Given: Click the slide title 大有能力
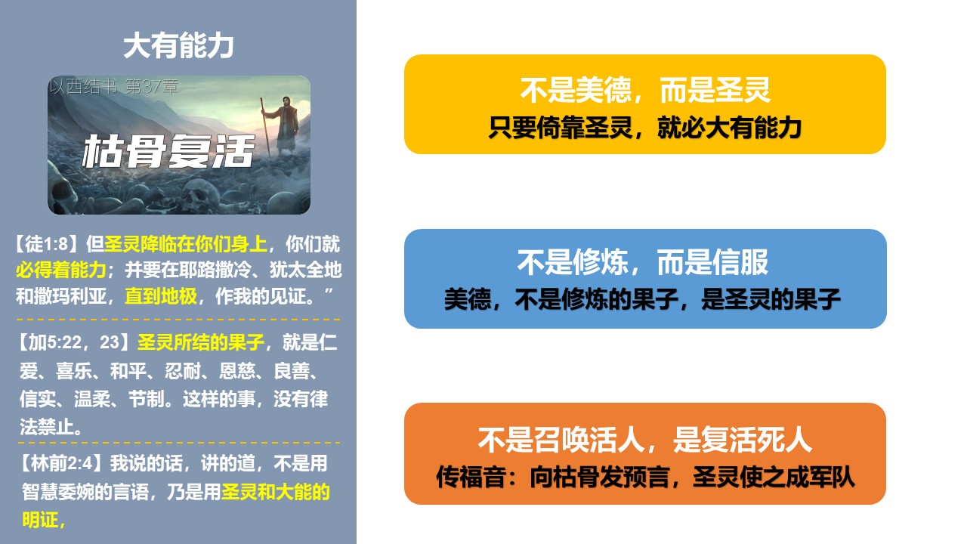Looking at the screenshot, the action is [x=178, y=45].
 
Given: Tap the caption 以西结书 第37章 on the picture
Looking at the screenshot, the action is [x=113, y=86].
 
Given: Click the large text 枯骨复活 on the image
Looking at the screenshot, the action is [x=168, y=151].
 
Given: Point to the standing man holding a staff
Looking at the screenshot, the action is [x=282, y=125].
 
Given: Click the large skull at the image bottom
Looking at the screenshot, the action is [x=201, y=195].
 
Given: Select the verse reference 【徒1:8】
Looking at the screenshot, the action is [x=48, y=244].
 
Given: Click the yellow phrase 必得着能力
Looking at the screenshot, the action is [x=61, y=270].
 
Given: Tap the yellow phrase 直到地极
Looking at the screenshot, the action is [x=161, y=296].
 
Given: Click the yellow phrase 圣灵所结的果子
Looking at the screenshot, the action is [x=201, y=342].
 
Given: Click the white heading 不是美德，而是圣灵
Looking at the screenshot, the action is [x=645, y=90].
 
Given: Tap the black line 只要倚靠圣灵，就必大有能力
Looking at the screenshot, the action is [x=645, y=128].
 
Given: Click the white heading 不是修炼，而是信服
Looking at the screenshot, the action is [x=643, y=262].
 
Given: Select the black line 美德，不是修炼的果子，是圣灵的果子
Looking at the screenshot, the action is [x=643, y=298].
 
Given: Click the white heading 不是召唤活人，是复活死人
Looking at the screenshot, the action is [x=645, y=440].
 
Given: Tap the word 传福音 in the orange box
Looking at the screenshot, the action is [x=471, y=477].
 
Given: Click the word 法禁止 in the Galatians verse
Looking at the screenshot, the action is [x=47, y=427].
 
